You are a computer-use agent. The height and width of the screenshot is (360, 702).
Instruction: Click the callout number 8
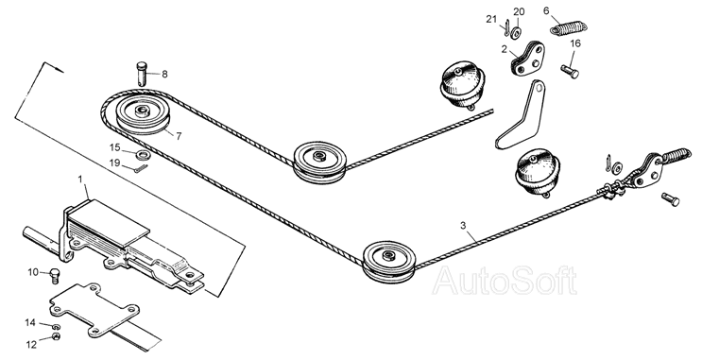point(164,74)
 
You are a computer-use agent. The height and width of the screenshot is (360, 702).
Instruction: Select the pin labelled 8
point(142,74)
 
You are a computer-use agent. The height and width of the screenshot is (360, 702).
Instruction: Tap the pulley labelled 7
point(144,115)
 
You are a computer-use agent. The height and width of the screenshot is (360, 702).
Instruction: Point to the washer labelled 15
point(144,155)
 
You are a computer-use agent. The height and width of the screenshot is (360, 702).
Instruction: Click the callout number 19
point(115,163)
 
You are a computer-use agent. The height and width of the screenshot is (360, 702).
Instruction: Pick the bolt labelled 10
point(54,274)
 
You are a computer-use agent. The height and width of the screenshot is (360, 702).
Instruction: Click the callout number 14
point(30,322)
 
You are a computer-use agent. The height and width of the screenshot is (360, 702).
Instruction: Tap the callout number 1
point(80,180)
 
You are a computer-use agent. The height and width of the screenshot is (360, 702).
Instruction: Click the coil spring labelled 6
point(568,28)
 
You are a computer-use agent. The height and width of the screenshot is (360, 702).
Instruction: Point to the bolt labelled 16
point(570,71)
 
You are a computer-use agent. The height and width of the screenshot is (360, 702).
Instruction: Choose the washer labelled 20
point(517,32)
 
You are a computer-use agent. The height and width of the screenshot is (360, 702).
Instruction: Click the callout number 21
point(491,19)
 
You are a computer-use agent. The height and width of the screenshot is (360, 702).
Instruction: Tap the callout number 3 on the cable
point(463,225)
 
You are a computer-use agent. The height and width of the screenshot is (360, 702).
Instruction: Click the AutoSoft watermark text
point(505,281)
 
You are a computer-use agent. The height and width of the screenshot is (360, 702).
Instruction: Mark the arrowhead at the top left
point(59,69)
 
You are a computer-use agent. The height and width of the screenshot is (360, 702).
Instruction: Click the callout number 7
point(180,136)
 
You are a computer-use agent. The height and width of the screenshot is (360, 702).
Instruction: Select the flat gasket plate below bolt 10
point(94,308)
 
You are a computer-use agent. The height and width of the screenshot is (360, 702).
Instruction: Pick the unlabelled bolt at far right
point(670,198)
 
